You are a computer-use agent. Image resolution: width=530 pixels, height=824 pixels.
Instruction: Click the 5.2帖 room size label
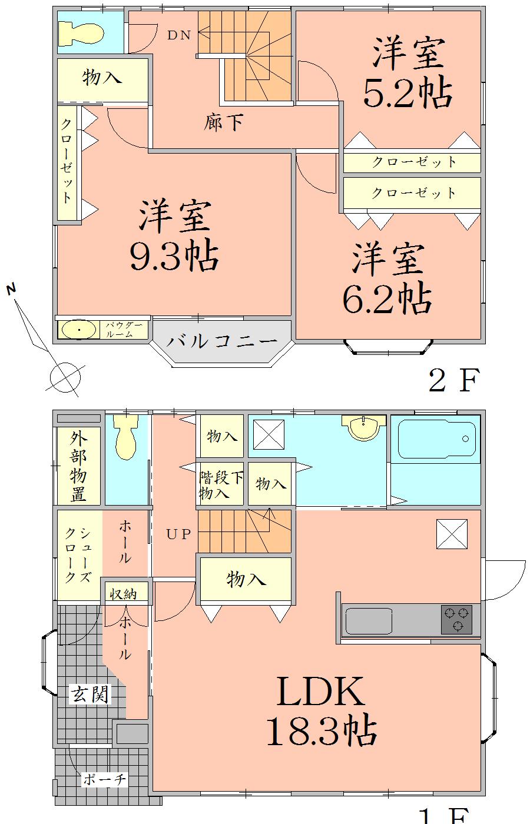point(407,92)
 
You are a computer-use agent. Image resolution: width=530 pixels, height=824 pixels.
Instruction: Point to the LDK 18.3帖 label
point(322,712)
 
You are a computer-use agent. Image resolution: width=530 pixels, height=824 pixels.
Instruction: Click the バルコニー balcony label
point(221,341)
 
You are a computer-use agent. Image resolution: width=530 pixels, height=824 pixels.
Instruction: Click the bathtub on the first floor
point(436,438)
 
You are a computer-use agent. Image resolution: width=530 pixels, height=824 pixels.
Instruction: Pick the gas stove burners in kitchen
point(457,619)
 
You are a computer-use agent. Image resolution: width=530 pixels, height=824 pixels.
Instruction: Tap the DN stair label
point(179,35)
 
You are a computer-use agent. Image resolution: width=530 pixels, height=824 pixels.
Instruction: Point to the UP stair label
point(178,534)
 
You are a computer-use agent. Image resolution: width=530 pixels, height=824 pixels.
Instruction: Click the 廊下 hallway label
point(224,122)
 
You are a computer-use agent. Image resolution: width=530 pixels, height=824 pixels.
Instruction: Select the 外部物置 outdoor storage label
point(78,467)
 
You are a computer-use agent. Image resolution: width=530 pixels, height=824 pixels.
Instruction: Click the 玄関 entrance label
point(90,695)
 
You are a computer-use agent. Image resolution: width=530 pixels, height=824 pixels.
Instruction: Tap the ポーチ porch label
point(104,780)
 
